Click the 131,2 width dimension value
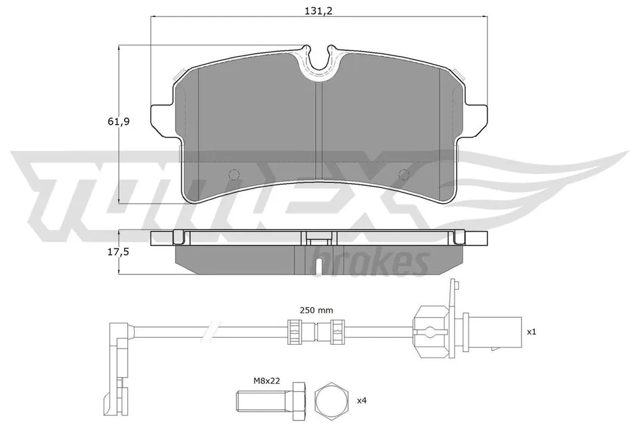(319, 11)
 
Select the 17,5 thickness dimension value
(118, 252)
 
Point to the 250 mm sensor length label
(316, 310)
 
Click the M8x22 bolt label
(267, 381)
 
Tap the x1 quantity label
(532, 332)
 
